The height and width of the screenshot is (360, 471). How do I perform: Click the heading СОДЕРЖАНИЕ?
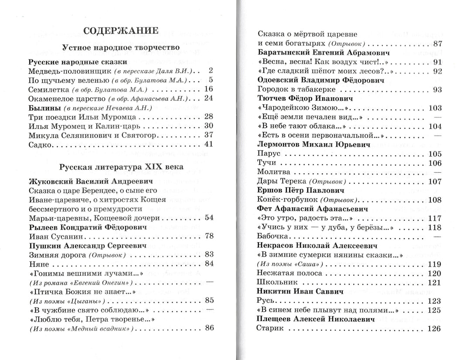tap(120, 31)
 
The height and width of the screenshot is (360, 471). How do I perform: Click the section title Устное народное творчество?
tap(121, 47)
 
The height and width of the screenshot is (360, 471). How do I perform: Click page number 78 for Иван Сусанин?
tap(208, 236)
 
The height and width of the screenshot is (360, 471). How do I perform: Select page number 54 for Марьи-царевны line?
tap(208, 218)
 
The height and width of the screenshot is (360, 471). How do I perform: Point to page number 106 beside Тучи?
tap(435, 163)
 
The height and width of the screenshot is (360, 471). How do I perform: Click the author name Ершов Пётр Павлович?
tap(301, 190)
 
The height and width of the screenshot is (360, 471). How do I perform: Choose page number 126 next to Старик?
tap(435, 329)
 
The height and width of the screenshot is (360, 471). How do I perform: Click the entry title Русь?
tap(266, 301)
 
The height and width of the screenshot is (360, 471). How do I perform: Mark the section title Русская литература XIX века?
tap(121, 167)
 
